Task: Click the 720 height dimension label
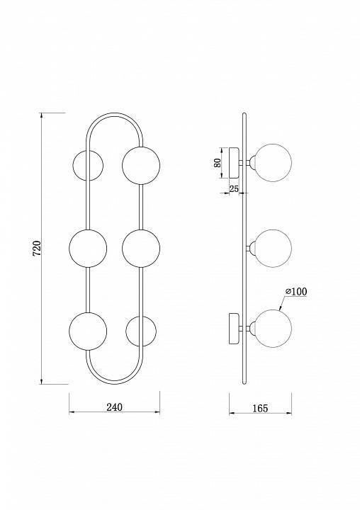pos(37,248)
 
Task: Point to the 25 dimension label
pos(235,188)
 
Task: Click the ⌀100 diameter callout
pos(296,291)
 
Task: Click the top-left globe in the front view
pos(89,165)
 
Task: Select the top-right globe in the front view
pos(140,165)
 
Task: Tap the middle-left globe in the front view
pos(89,248)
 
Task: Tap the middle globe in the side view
pos(273,248)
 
